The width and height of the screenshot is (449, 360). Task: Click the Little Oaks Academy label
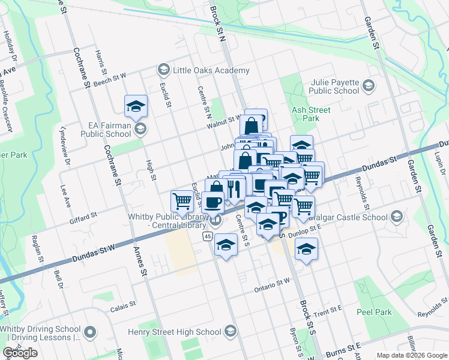tap(211, 71)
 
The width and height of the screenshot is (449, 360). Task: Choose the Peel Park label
tap(374, 312)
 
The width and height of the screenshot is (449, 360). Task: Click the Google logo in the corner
tap(20, 353)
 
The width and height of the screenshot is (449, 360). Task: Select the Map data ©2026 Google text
tap(412, 355)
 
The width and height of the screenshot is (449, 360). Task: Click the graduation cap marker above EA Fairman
tap(136, 107)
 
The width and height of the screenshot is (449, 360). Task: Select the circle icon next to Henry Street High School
tap(231, 331)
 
